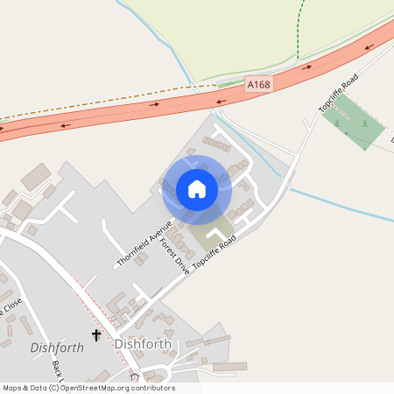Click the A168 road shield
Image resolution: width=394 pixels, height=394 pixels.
[258, 84]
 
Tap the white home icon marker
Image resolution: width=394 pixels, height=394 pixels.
[197, 189]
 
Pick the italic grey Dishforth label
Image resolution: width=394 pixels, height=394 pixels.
[57, 348]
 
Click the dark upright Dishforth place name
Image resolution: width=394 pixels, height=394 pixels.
[143, 344]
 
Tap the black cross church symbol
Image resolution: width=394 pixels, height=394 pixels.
[96, 335]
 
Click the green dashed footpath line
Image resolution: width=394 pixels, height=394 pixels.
[299, 31]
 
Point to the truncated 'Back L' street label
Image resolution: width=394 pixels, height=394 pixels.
[58, 372]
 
